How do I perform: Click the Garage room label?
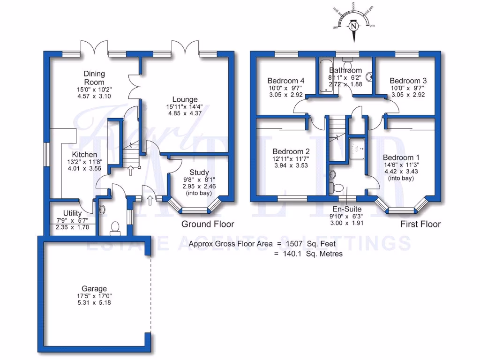click(94, 289)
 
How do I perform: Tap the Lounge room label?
click(185, 99)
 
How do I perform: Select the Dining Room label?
click(94, 78)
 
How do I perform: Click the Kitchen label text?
click(84, 155)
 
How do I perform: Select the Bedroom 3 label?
click(408, 80)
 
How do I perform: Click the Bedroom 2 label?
click(291, 151)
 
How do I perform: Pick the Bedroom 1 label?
click(401, 157)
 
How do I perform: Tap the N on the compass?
click(354, 27)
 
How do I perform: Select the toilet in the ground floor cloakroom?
click(115, 228)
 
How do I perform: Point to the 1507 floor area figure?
click(294, 244)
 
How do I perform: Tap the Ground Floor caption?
click(208, 224)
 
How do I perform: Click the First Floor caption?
click(420, 224)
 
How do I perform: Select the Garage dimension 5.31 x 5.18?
click(94, 303)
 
